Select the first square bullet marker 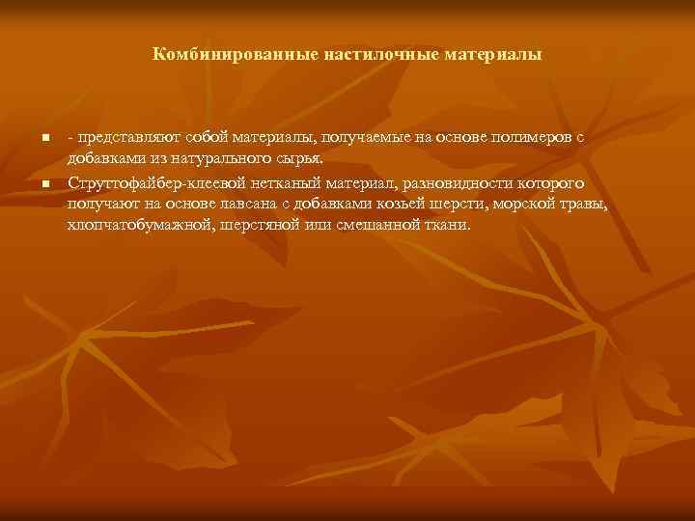point(45,140)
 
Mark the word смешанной point(372,226)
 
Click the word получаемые point(358,139)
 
